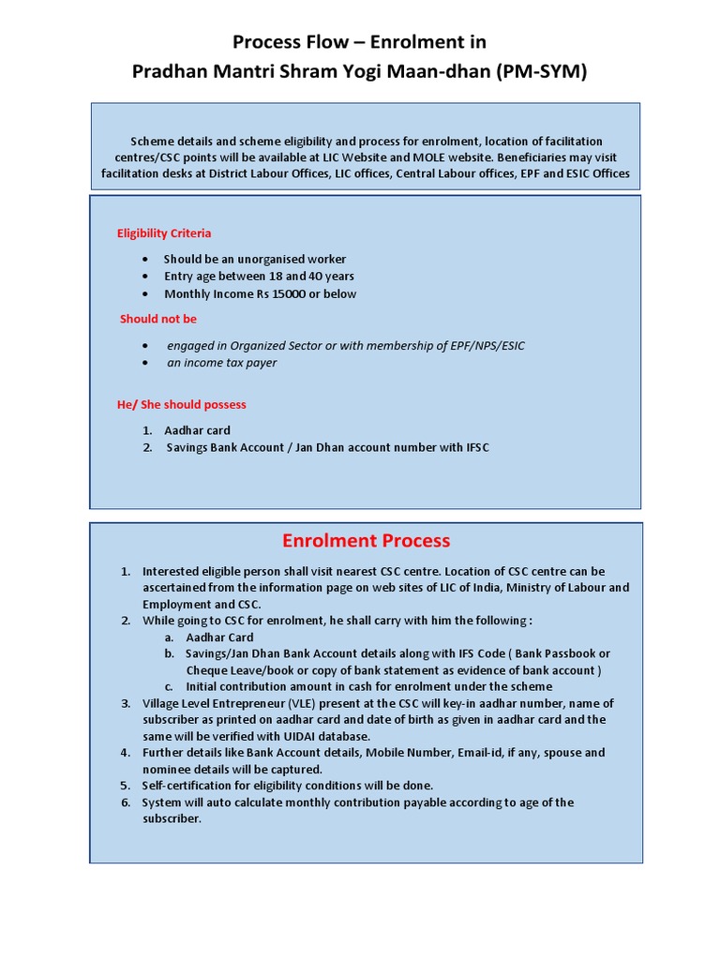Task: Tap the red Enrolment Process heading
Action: coord(366,541)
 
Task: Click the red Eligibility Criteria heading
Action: coord(164,233)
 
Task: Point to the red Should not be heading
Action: coord(158,319)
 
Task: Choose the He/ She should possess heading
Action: coord(182,405)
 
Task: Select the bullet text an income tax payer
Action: coord(222,363)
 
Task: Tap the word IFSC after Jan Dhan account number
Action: coord(477,447)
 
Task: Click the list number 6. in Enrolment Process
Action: coord(126,802)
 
